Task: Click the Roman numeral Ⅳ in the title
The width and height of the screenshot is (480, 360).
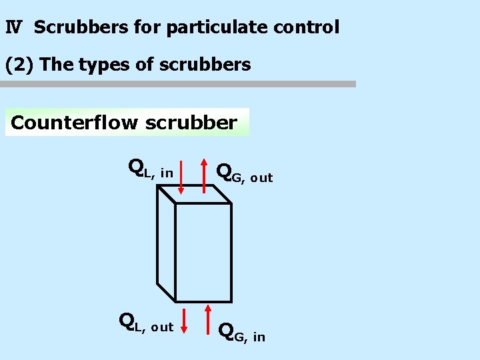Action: (14, 27)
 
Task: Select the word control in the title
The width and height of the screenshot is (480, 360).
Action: (306, 27)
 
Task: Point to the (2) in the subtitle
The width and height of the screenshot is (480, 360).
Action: (19, 65)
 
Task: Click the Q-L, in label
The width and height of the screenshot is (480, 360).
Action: (150, 169)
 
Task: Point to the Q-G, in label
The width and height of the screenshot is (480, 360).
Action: (241, 331)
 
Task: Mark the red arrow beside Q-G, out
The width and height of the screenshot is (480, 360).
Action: (204, 175)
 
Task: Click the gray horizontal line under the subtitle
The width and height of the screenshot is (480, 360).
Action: (178, 84)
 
